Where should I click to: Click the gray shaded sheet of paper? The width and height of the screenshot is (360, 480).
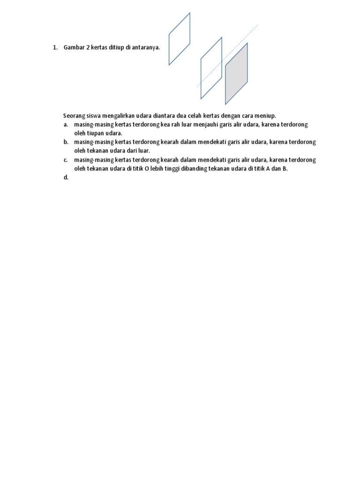(x=236, y=74)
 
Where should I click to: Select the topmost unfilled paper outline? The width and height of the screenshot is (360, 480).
(x=180, y=39)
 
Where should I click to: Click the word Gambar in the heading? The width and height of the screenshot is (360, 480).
(x=74, y=48)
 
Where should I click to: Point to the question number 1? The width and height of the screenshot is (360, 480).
(x=54, y=48)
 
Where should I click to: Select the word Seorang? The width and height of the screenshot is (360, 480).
(x=74, y=116)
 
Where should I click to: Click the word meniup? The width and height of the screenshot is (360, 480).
(x=267, y=116)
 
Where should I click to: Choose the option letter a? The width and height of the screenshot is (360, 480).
(x=66, y=124)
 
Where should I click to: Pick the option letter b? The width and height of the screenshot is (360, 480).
(x=66, y=142)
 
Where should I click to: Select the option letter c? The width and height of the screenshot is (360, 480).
(x=66, y=160)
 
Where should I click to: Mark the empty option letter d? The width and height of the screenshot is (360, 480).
(x=66, y=178)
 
